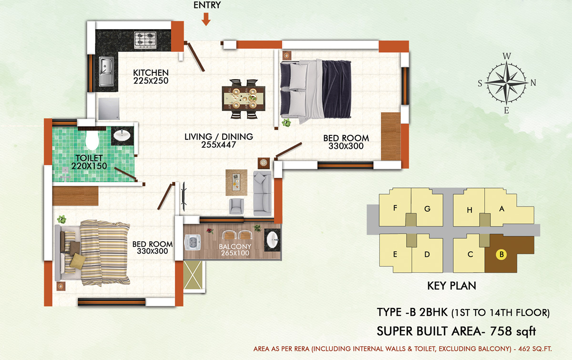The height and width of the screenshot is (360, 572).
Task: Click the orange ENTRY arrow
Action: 206,19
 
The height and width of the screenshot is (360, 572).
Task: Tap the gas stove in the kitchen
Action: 145,40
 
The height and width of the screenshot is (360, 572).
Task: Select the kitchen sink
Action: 106,71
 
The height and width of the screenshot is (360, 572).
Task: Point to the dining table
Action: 244,99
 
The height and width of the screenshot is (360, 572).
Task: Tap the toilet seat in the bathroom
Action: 92,140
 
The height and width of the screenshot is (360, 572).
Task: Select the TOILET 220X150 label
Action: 89,162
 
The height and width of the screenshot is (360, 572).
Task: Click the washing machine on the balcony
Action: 192,242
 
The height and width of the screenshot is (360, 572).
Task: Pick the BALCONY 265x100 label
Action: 235,250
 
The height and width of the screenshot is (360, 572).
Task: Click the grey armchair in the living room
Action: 236,206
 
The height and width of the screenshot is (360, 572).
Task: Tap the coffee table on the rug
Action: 236,182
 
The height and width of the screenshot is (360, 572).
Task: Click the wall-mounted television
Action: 184,196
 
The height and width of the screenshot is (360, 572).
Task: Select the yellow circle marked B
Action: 501,255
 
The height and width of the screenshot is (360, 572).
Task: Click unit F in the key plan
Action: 395,207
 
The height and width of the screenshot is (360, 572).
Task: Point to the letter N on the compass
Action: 533,83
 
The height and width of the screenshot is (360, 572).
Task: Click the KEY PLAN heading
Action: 452,286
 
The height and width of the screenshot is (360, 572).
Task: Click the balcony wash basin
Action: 272,240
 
